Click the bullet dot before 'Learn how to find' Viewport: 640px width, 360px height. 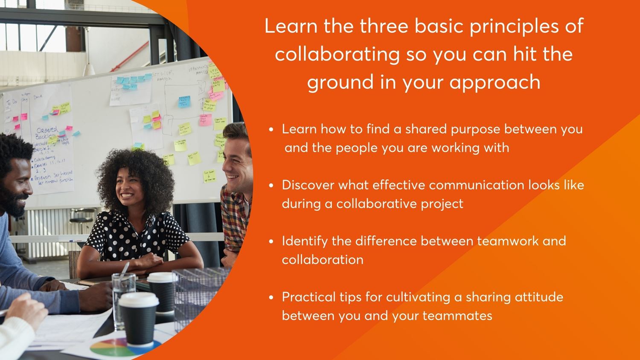pos(271,130)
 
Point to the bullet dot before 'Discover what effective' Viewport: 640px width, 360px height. pos(271,186)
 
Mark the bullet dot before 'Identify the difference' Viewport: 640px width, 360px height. pos(271,241)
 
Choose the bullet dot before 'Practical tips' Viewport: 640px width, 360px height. pos(271,298)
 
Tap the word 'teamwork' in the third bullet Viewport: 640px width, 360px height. pos(507,241)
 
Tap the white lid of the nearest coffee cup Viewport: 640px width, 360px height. pos(138,299)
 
